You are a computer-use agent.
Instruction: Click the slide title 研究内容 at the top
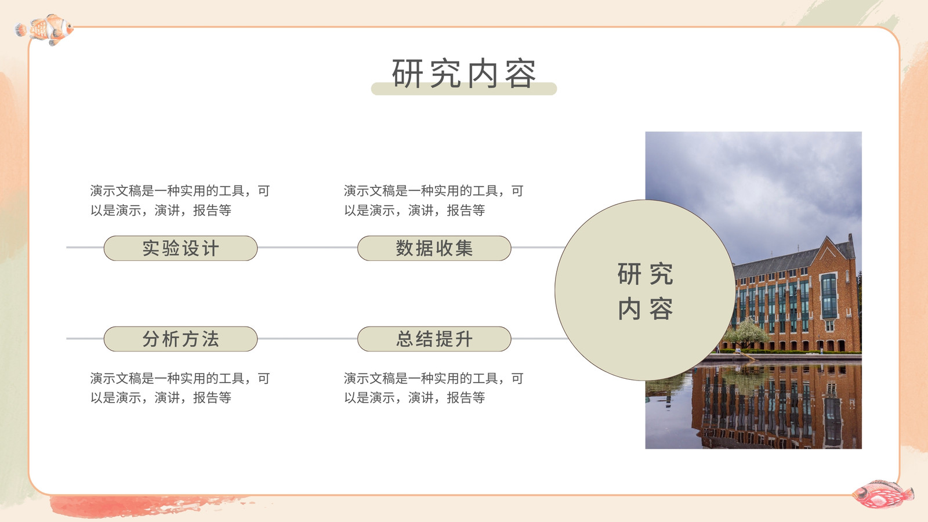pos(464,73)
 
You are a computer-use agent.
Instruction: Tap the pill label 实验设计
pos(180,248)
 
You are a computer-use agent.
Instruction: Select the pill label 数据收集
pos(434,248)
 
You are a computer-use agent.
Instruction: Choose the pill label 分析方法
pos(180,339)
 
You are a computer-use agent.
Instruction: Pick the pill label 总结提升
pos(434,339)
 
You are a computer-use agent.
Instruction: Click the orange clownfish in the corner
pos(45,30)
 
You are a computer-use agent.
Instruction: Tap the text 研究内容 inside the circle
pos(645,291)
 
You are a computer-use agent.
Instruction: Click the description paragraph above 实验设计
pos(180,201)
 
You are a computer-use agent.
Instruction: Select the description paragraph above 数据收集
pos(434,201)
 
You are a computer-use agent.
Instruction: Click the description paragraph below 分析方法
pos(180,388)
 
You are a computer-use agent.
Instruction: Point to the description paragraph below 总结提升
pos(434,388)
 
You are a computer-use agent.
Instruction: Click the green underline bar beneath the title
pos(464,89)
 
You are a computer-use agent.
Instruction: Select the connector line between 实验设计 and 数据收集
pos(307,248)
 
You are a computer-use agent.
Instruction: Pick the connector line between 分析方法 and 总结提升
pos(307,339)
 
